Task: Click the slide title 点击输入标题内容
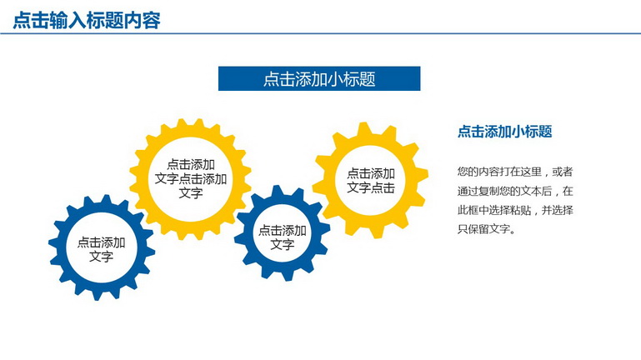pyautogui.click(x=87, y=21)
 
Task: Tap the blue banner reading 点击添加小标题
pyautogui.click(x=319, y=78)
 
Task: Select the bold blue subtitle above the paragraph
pyautogui.click(x=505, y=132)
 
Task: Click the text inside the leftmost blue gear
pyautogui.click(x=101, y=249)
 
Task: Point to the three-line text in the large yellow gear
pyautogui.click(x=191, y=178)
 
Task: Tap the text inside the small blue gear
pyautogui.click(x=283, y=237)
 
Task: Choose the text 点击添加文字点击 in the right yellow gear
pyautogui.click(x=371, y=181)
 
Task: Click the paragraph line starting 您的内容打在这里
pyautogui.click(x=515, y=172)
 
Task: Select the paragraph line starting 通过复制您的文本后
pyautogui.click(x=515, y=191)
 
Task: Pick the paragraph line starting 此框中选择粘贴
pyautogui.click(x=515, y=210)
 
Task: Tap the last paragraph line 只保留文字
pyautogui.click(x=486, y=229)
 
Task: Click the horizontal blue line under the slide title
pyautogui.click(x=320, y=33)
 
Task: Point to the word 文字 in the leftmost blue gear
pyautogui.click(x=101, y=257)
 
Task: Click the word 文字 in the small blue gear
pyautogui.click(x=283, y=245)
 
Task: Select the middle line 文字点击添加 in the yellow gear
pyautogui.click(x=191, y=179)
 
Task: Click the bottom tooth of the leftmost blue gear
pyautogui.click(x=98, y=294)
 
